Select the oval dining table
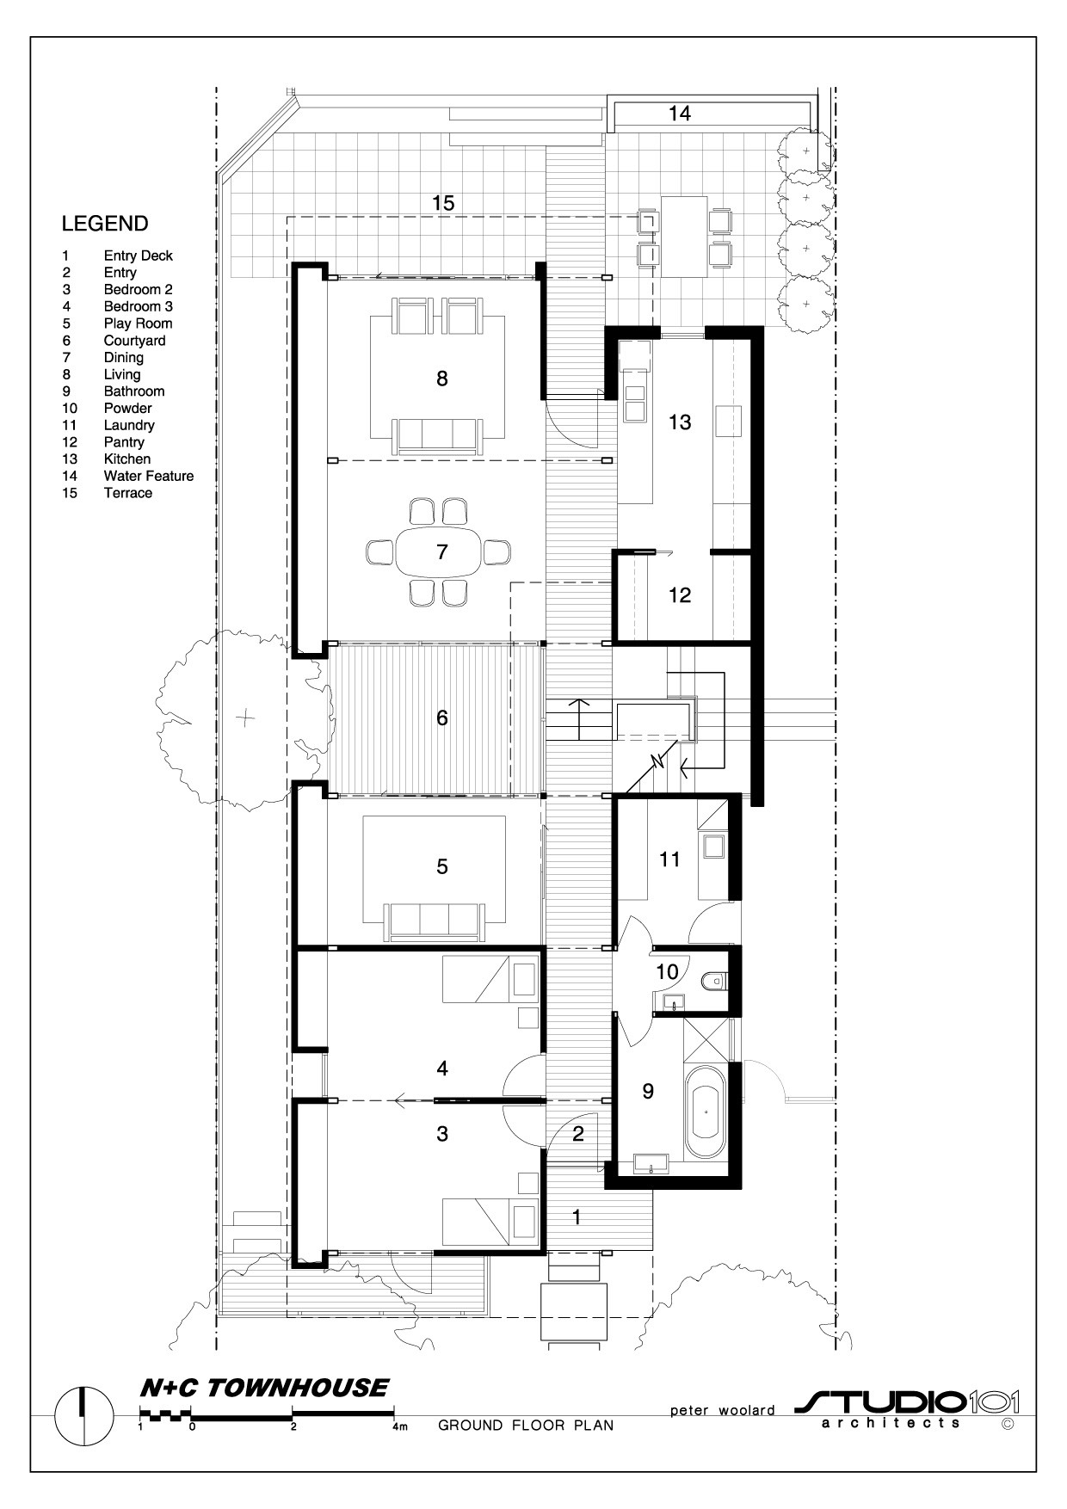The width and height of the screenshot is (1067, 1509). (441, 551)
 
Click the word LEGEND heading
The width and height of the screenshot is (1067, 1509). (105, 224)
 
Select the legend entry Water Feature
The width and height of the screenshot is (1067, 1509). (148, 476)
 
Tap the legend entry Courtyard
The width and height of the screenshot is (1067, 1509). (134, 341)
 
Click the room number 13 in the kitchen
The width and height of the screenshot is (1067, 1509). (680, 422)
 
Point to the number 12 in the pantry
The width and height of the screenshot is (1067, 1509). (680, 594)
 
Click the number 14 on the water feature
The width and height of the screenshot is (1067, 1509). (680, 113)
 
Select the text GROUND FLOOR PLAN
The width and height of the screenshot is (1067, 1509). (526, 1426)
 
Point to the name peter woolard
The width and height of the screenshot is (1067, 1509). (723, 1410)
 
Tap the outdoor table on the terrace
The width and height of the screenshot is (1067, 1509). (684, 237)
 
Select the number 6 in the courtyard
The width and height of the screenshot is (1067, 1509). (442, 718)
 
